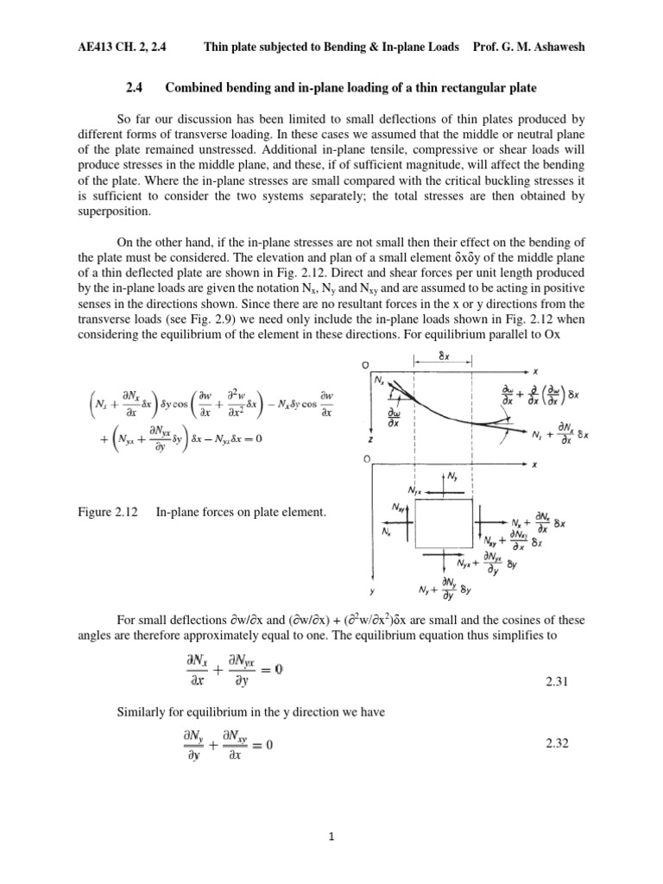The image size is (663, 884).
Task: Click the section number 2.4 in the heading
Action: (x=137, y=87)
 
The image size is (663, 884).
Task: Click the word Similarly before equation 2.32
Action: (x=143, y=712)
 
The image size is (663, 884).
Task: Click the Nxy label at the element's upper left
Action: (x=401, y=508)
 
